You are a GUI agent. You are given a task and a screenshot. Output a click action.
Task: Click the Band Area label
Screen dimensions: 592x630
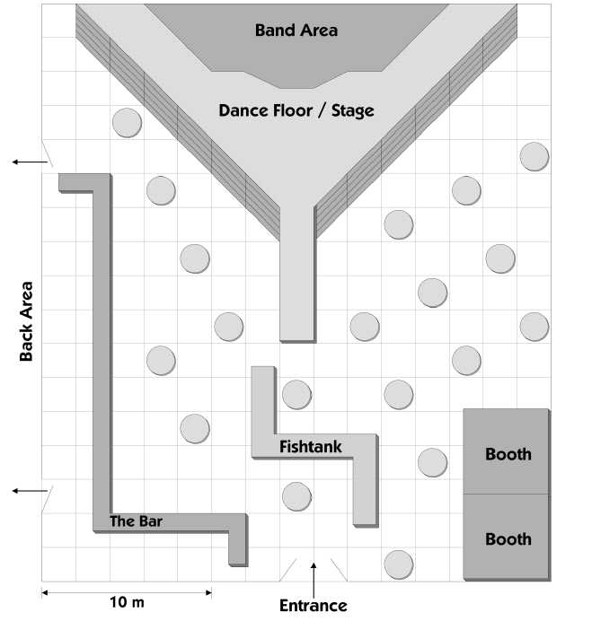[296, 31]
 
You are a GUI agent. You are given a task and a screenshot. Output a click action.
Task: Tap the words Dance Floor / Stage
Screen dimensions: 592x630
[296, 111]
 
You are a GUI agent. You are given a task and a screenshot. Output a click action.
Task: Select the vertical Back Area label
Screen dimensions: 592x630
[27, 321]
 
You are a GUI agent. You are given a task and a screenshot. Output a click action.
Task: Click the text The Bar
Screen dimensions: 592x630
[136, 521]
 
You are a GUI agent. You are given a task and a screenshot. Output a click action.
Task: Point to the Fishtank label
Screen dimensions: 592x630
[311, 447]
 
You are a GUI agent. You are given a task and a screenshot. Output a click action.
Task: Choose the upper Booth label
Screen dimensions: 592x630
[508, 454]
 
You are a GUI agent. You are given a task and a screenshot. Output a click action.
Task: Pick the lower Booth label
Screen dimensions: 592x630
[508, 539]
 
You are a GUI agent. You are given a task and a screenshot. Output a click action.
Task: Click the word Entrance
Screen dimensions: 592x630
[314, 606]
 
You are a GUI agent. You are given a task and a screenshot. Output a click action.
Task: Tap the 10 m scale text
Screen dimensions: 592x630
[127, 602]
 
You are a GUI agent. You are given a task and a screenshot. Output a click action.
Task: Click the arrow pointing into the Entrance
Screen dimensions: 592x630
[314, 580]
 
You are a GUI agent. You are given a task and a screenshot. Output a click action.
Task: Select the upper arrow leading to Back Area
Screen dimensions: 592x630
[30, 162]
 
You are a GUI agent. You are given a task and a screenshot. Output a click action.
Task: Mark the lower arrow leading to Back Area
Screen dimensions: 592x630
[30, 491]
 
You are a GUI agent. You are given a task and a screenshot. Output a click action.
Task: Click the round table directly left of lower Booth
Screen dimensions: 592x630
[399, 564]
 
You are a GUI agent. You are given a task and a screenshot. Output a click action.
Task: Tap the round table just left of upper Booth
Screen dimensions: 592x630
[432, 462]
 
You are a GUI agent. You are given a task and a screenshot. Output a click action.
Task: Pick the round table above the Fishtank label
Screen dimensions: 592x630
[296, 395]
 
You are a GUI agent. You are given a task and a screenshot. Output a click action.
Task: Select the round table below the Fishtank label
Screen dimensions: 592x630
[296, 496]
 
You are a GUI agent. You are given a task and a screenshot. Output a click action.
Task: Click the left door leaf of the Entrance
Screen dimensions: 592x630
[288, 570]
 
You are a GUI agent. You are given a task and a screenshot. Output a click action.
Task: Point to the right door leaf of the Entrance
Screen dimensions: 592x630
[339, 570]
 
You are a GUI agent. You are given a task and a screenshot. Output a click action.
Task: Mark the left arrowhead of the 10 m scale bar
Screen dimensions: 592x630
[45, 592]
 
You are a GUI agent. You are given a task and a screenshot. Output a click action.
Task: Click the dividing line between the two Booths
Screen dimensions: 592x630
[506, 494]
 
